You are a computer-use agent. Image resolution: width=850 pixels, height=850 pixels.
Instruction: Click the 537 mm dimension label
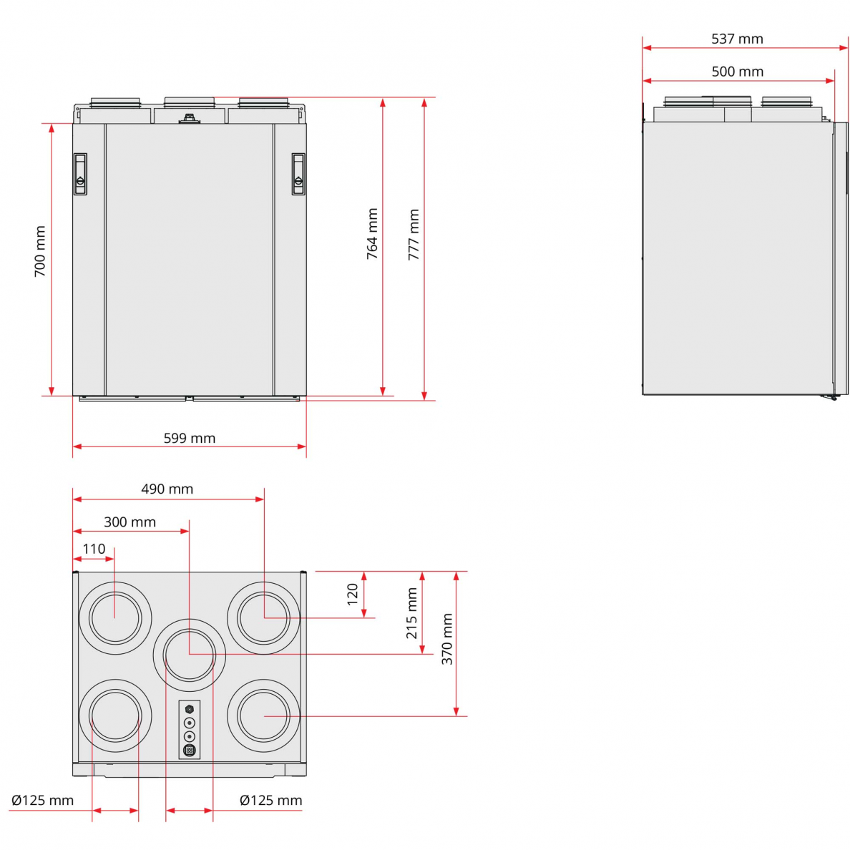pos(737,39)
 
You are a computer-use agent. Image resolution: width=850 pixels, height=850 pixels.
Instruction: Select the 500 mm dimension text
pos(737,72)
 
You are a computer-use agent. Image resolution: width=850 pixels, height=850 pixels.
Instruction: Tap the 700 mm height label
pos(40,251)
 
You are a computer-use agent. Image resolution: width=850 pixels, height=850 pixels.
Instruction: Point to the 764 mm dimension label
pos(372,234)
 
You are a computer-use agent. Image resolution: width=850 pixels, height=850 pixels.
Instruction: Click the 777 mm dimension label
pos(414,234)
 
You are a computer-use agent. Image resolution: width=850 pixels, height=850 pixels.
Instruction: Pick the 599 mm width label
pos(189,438)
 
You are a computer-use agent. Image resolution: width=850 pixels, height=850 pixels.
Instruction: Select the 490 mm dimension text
pos(167,489)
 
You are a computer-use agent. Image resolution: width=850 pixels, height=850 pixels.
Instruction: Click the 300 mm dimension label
pos(130,522)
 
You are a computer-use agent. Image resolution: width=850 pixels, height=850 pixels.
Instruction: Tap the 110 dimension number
pos(94,549)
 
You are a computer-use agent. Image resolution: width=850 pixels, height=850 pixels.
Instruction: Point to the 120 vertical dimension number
pos(352,594)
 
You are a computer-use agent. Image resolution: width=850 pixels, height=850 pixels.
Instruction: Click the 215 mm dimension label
pos(411,613)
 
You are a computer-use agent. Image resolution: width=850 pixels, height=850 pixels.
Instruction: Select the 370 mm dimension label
pos(447,639)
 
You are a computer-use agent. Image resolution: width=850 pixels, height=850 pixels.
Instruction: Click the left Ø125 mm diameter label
pos(42,800)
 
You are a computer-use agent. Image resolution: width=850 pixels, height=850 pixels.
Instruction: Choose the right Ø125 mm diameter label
pos(270,800)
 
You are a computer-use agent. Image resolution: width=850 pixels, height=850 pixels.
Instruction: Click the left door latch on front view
pos(80,174)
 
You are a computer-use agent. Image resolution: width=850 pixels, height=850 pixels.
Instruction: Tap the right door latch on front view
pos(298,174)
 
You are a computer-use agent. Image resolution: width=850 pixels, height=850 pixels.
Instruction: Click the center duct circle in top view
pos(190,654)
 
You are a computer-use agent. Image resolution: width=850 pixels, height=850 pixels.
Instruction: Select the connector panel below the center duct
pos(190,729)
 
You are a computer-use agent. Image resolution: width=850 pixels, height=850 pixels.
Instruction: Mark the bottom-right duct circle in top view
pos(264,715)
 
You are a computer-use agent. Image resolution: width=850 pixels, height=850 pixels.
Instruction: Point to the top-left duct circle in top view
pos(114,617)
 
